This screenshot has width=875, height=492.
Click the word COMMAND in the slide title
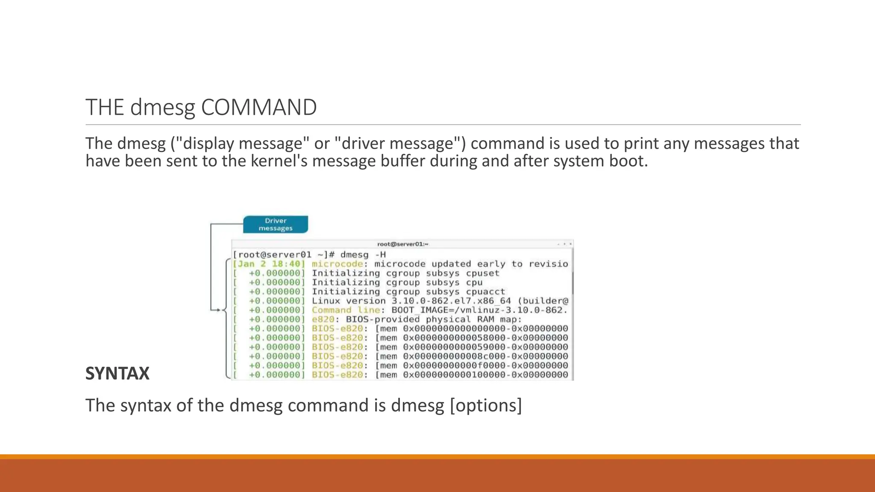tap(258, 107)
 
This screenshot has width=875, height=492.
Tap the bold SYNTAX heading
tap(117, 374)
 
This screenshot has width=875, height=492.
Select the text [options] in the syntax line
tap(486, 405)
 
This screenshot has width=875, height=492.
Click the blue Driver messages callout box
tap(276, 225)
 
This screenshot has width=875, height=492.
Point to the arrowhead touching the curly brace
tap(218, 310)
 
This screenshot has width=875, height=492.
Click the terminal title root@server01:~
tap(402, 244)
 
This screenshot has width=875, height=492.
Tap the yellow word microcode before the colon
tap(337, 264)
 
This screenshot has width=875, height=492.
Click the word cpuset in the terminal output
tap(482, 273)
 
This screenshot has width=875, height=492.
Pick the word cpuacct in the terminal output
tap(485, 292)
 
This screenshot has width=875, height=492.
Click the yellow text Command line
tap(346, 310)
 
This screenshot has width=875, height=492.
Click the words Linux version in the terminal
tap(349, 301)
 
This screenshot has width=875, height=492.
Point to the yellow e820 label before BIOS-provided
tap(323, 319)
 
